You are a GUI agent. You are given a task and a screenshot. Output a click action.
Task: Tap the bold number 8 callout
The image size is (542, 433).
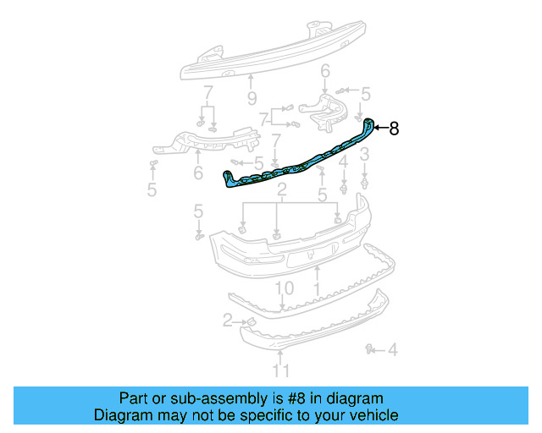click(393, 129)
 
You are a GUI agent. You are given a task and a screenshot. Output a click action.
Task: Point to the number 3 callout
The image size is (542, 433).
click(364, 154)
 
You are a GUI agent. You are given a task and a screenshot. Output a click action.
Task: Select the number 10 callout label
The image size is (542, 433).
click(284, 288)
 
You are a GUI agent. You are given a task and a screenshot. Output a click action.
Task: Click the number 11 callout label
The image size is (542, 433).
click(280, 370)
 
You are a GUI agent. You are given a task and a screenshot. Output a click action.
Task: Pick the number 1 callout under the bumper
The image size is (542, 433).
click(315, 288)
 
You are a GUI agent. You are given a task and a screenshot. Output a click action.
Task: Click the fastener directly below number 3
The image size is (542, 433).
click(364, 179)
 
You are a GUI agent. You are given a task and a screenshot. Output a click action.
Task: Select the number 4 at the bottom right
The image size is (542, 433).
click(392, 348)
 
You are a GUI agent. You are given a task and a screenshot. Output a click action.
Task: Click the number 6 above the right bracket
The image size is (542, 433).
click(324, 81)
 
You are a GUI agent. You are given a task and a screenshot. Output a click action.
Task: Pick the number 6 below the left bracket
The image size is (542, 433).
click(197, 173)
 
